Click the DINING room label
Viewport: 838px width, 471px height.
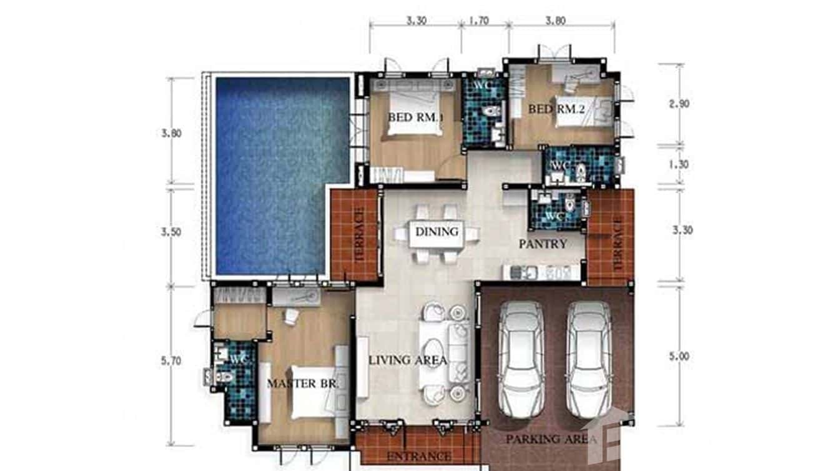tap(436, 232)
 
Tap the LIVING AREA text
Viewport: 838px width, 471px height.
tap(407, 360)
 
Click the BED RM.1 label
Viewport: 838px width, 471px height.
tap(415, 117)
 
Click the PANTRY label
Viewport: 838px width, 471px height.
tap(543, 244)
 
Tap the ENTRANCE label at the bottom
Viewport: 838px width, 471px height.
tap(419, 457)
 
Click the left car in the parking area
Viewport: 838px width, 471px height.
tap(521, 359)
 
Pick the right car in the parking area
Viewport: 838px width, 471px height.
tap(589, 359)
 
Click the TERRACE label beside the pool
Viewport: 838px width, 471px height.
tap(358, 234)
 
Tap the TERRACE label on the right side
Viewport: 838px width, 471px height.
tap(618, 244)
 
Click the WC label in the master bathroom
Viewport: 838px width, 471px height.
tap(237, 360)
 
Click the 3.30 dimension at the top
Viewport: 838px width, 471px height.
tap(416, 20)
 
